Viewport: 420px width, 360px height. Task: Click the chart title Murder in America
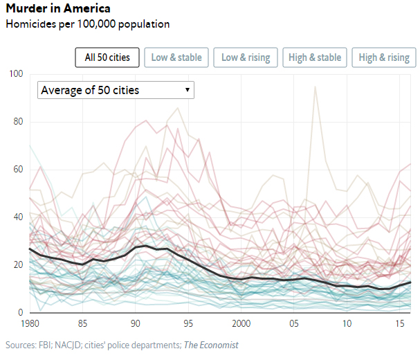[57, 9]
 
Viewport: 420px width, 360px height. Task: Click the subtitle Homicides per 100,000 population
[87, 24]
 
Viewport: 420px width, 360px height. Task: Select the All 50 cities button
[107, 57]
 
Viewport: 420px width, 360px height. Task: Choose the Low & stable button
[176, 57]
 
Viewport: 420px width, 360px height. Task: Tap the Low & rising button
[246, 57]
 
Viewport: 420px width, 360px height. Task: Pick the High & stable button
[315, 57]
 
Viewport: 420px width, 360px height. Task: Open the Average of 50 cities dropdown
[116, 90]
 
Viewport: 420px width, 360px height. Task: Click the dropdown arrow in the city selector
[187, 90]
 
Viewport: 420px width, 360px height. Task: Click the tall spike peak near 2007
[315, 87]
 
